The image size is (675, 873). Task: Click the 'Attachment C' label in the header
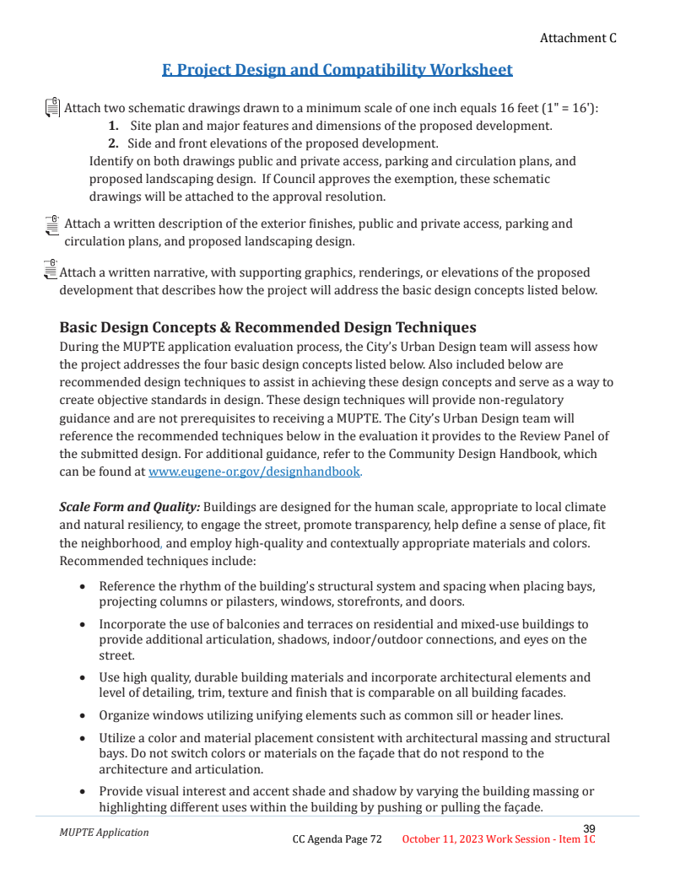(578, 38)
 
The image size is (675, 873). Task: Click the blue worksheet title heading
(337, 69)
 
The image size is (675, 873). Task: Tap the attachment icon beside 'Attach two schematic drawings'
(51, 107)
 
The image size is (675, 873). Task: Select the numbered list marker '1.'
(112, 126)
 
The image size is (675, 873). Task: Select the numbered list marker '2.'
(112, 143)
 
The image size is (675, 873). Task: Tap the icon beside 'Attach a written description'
(51, 226)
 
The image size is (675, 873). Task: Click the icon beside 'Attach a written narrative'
(50, 269)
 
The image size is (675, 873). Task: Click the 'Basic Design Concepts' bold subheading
(267, 327)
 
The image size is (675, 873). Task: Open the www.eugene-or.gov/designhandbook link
(254, 472)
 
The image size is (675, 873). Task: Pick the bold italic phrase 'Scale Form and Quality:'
(129, 507)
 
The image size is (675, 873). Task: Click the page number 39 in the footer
(589, 828)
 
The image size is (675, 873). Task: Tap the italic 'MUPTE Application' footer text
(104, 833)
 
